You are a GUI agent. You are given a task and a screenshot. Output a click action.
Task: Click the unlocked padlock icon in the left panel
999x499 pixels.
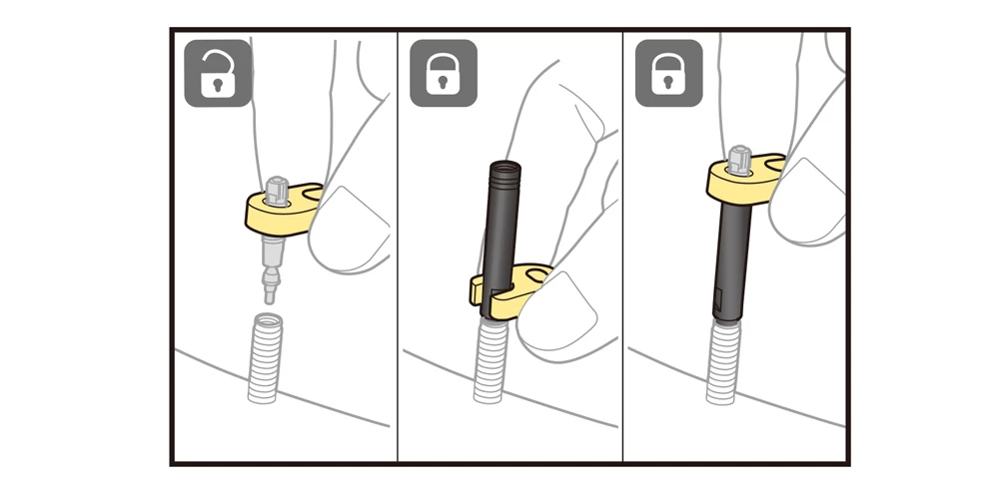(217, 74)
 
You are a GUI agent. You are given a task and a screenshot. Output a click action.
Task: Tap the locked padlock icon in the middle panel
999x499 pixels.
(443, 74)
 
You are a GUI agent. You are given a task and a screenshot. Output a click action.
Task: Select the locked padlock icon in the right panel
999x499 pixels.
(668, 74)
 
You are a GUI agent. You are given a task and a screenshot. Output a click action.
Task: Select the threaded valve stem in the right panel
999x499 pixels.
(722, 360)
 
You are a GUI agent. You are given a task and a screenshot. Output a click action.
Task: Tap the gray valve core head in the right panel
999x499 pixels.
(739, 157)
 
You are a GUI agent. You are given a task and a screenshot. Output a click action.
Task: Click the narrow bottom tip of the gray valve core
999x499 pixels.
(268, 293)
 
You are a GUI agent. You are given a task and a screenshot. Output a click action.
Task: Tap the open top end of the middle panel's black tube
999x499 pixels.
(502, 162)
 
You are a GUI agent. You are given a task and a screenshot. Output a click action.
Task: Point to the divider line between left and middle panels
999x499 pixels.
(398, 249)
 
